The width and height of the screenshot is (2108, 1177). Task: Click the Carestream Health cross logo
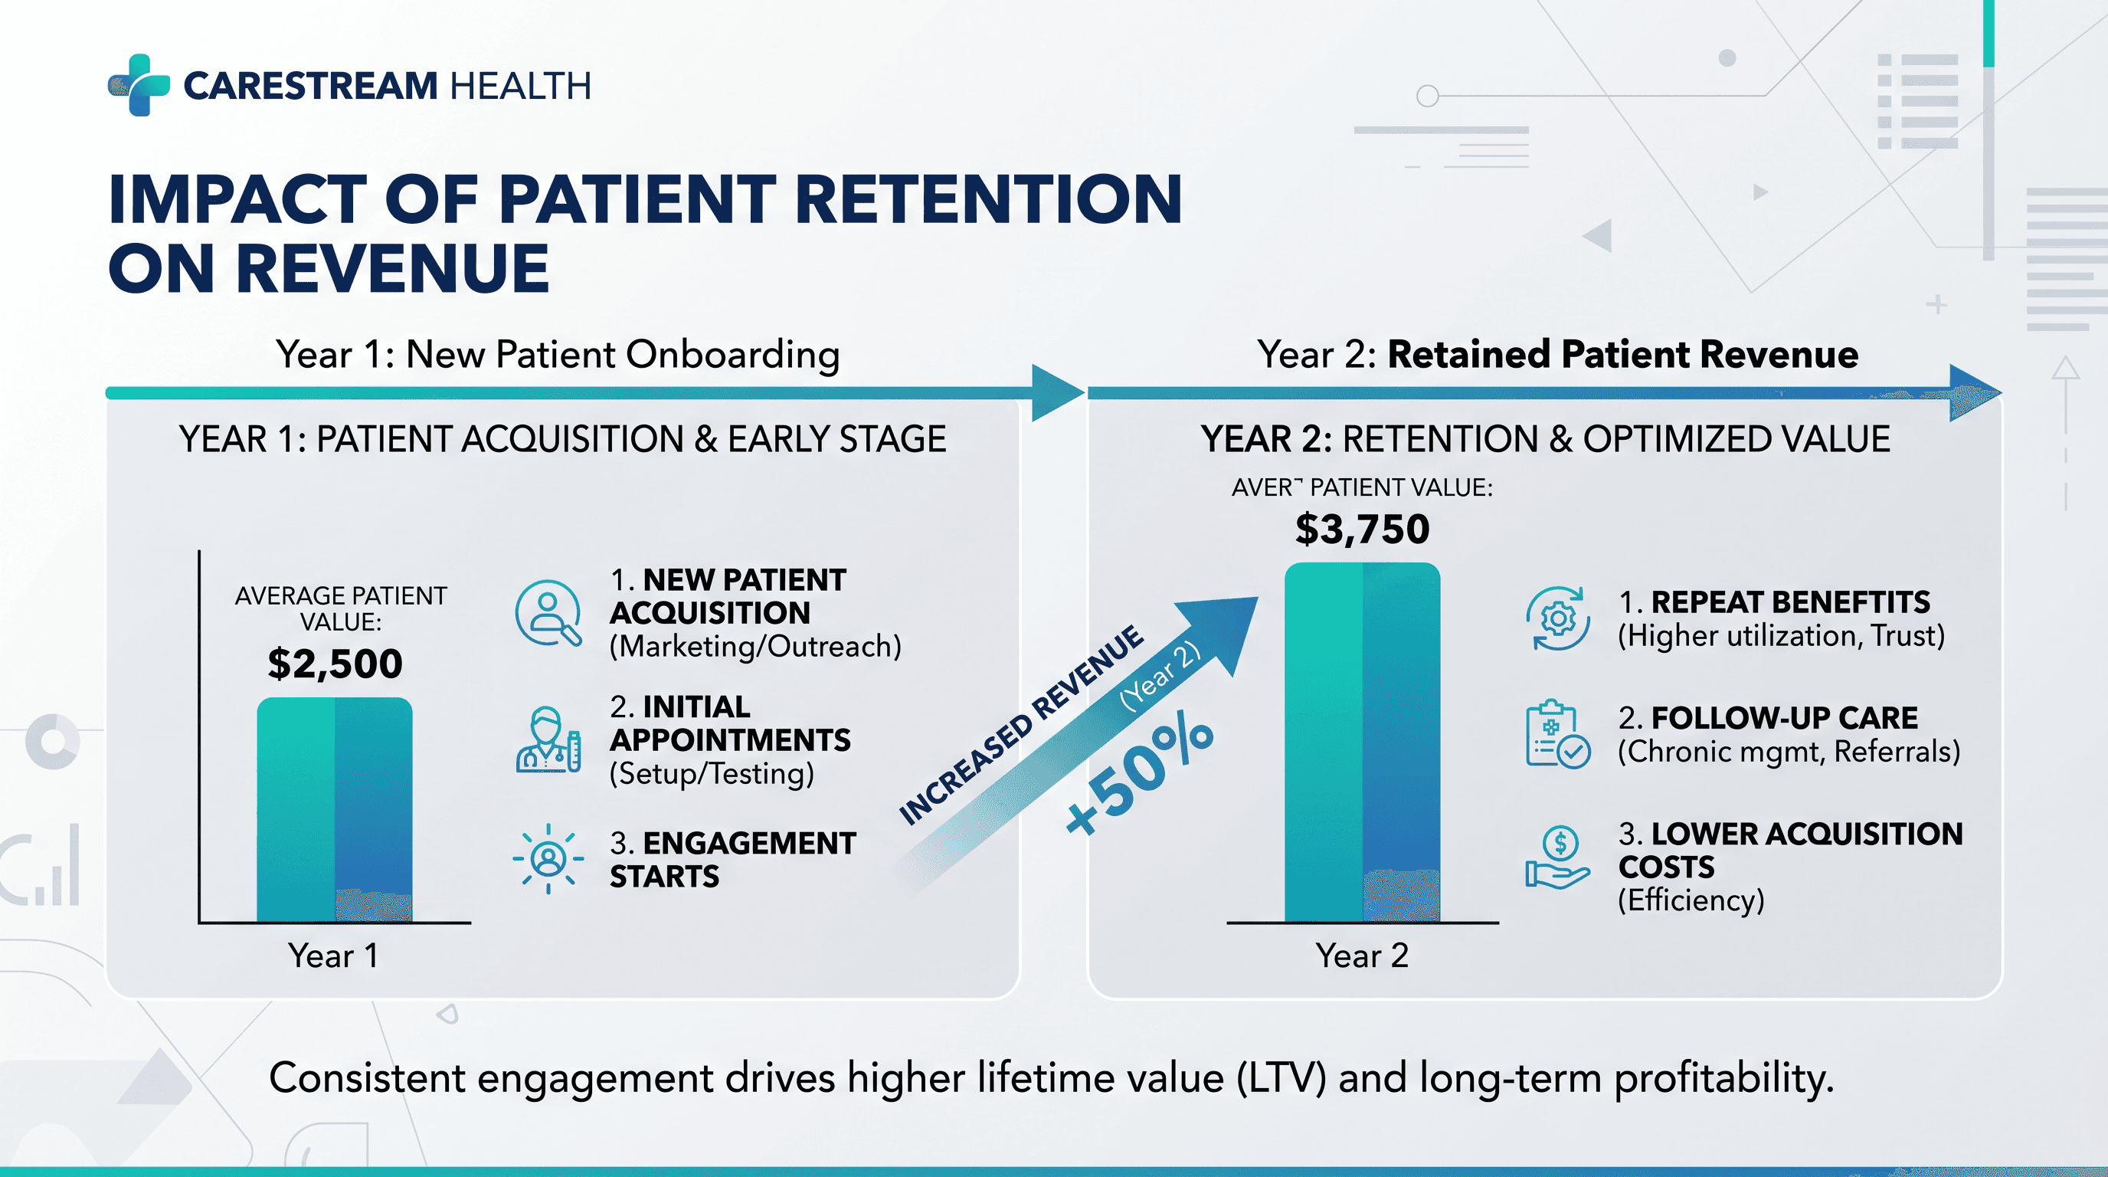point(139,85)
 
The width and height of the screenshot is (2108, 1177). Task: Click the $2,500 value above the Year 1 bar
point(335,663)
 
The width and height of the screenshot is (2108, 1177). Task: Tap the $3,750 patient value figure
point(1363,529)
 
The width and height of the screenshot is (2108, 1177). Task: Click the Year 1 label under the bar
point(333,956)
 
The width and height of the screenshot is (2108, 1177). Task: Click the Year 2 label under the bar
point(1362,956)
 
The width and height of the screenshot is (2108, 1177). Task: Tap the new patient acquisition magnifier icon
point(548,613)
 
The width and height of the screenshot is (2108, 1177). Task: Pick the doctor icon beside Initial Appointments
point(548,740)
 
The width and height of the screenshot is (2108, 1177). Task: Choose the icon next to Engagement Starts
point(548,858)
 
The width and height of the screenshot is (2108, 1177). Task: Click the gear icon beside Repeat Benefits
point(1557,619)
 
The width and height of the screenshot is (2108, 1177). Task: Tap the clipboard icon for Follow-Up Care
point(1557,734)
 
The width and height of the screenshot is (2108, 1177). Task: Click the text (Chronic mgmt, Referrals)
point(1789,752)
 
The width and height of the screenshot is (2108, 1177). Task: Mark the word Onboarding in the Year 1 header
point(732,355)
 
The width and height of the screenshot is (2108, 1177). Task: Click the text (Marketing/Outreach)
point(755,647)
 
